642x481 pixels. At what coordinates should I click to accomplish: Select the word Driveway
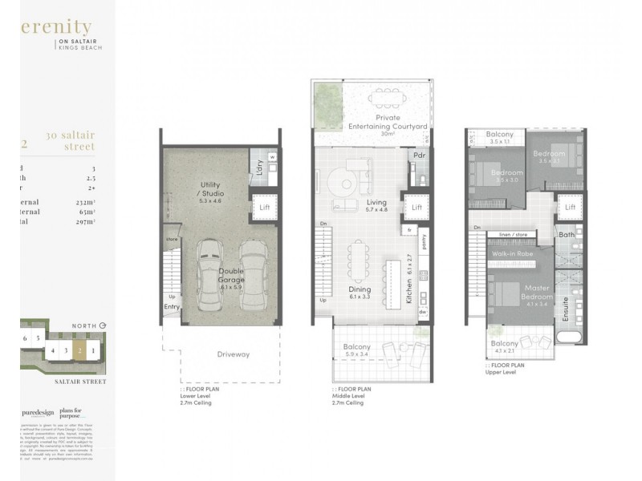click(233, 354)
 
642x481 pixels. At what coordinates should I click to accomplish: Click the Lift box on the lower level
click(262, 207)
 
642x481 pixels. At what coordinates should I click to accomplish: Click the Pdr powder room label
click(418, 155)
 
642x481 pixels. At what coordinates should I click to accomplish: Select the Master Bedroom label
click(535, 291)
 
